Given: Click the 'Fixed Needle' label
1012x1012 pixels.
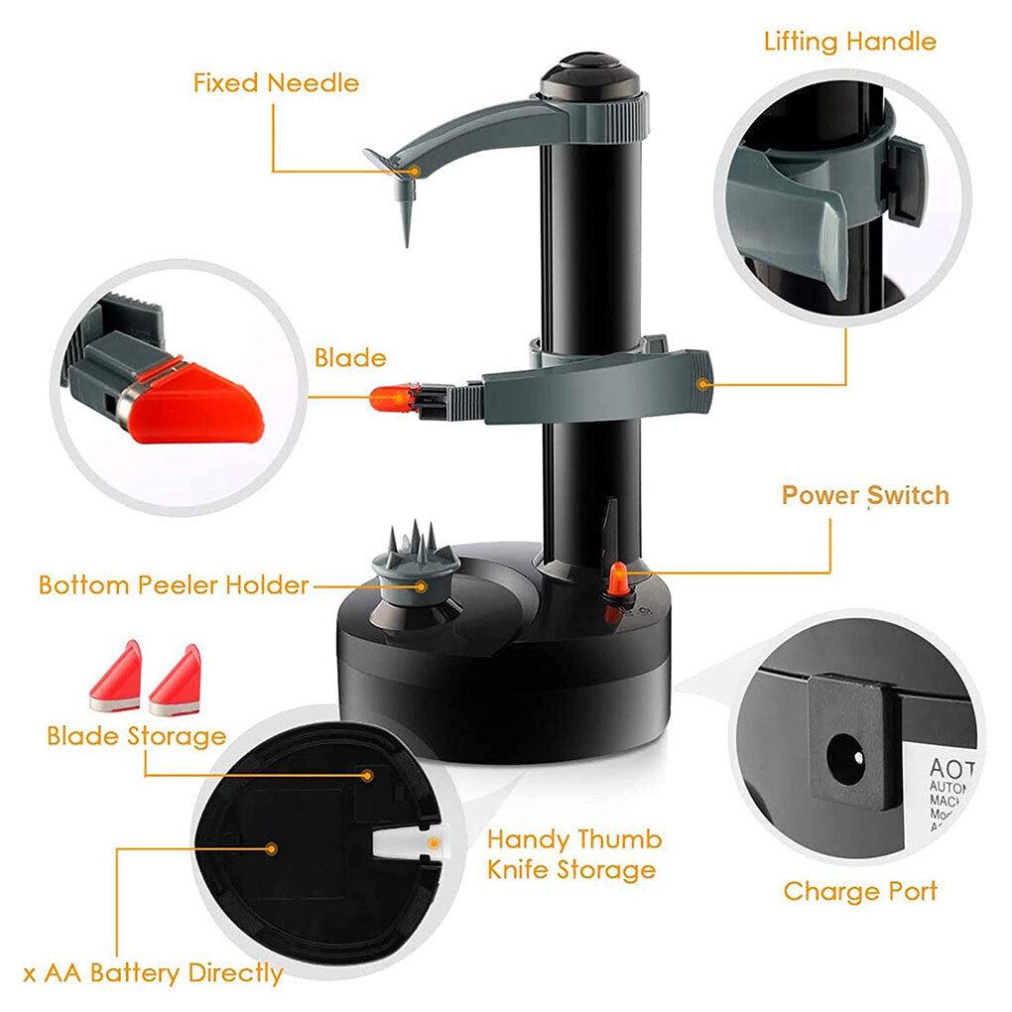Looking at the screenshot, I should pos(276,82).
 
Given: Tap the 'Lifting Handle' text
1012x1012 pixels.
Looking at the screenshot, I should pos(849,42).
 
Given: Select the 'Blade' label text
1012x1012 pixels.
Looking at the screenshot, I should pos(350,357).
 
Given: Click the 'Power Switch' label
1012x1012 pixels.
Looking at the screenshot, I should pos(864,495).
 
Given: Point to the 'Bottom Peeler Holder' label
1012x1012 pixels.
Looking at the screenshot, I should pos(174,584).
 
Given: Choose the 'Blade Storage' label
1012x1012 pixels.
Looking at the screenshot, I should pos(136,736).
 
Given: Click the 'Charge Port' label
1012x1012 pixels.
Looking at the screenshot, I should pos(859,891).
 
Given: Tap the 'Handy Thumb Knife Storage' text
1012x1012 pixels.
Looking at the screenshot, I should pos(573,854).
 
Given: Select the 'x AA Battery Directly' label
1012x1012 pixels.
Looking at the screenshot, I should pos(153,972).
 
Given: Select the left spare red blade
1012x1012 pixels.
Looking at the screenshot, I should pos(117,678).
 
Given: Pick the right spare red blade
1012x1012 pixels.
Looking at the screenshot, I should pos(176,681).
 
